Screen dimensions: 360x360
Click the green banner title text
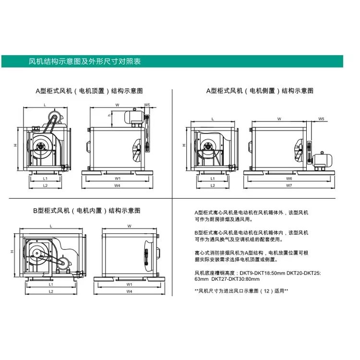84,61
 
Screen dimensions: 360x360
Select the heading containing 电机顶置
89,91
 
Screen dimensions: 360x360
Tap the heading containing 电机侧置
260,91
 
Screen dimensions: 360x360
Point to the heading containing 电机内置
87,211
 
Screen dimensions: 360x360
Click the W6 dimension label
289,179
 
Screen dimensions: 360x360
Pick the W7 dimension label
289,185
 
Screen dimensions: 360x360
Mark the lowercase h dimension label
109,115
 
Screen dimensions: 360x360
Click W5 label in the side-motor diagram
321,119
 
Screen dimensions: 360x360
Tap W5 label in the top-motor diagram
147,105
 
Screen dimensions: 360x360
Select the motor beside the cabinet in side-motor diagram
322,160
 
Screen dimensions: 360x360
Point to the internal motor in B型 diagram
62,264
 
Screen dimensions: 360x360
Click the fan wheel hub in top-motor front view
41,146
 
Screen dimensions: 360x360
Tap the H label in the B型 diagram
12,252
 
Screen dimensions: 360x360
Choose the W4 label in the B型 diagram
129,291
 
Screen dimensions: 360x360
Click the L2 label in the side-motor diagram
213,185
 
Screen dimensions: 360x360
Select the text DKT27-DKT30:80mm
235,279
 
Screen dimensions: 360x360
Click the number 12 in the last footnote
266,291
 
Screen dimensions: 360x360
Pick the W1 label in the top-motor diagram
118,179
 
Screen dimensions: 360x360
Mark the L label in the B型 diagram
51,226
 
